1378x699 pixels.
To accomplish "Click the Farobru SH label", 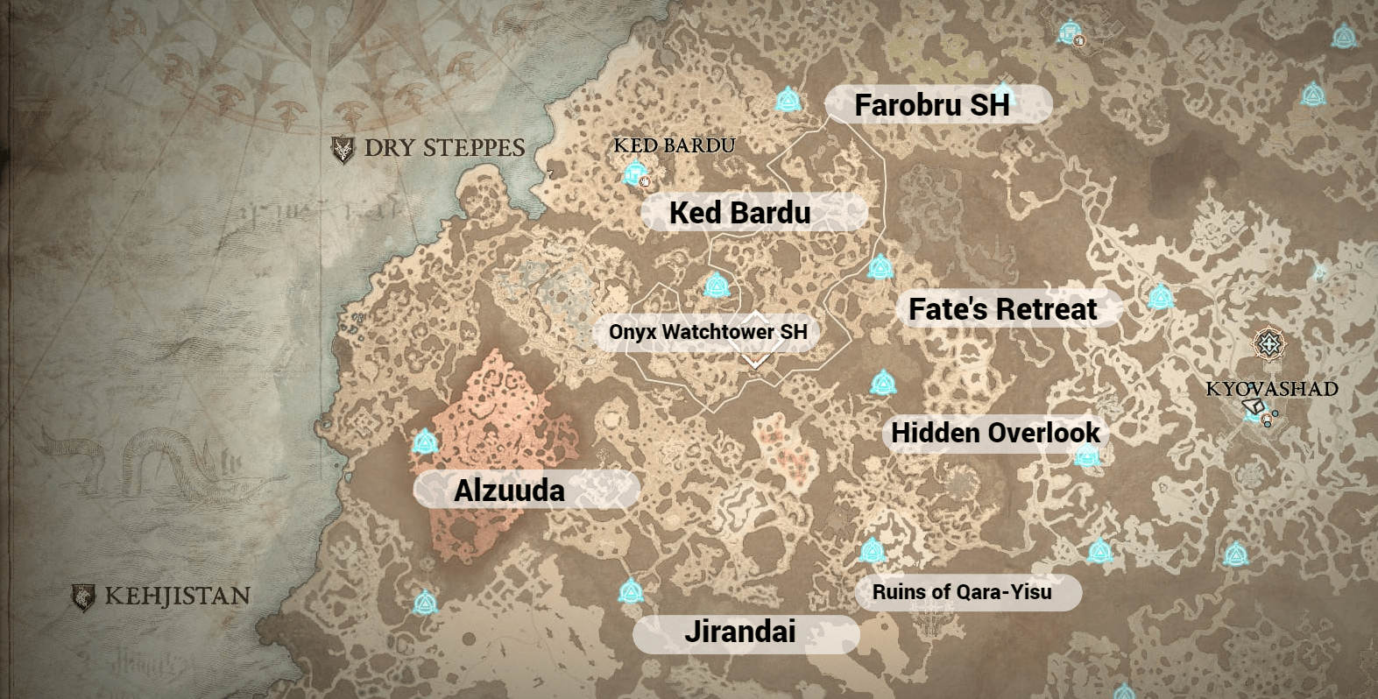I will click(932, 105).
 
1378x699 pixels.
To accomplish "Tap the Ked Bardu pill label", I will click(740, 213).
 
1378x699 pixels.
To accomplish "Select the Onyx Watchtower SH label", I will click(708, 332).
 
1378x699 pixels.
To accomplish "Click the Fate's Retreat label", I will click(1002, 309).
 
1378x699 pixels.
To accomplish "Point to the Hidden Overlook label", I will click(995, 433).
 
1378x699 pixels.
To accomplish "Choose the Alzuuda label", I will click(509, 491).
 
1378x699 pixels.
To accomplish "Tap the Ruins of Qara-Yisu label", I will click(962, 592).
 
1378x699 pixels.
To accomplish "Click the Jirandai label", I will click(740, 632).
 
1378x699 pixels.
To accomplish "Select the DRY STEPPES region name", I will click(444, 148).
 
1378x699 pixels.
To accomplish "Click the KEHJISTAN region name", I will click(177, 597).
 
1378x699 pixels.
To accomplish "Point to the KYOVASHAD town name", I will click(1271, 389).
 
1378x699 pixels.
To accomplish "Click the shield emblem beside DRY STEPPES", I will click(343, 149).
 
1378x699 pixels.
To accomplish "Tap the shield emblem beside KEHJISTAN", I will click(83, 597).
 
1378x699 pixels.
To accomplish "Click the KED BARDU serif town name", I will click(674, 145).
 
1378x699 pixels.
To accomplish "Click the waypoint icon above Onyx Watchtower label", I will click(717, 285).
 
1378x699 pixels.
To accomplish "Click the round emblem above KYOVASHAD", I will click(1268, 344).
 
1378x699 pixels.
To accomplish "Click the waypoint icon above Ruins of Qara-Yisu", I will click(871, 550).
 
